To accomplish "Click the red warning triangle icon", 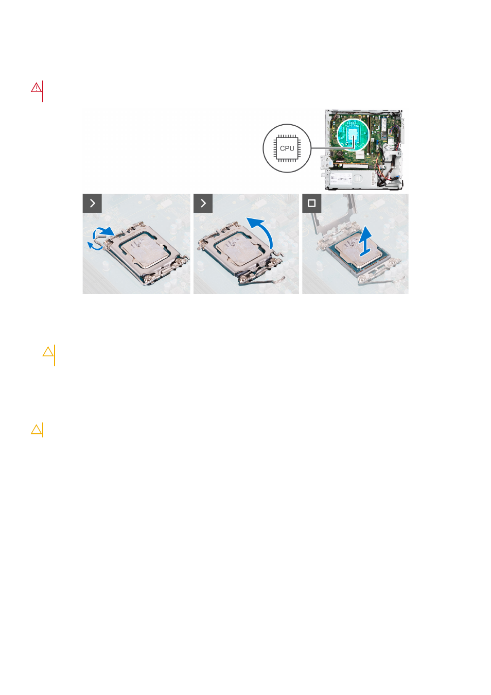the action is coord(36,88).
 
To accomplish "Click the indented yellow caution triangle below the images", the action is coord(48,351).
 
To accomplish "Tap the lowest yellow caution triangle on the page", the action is coord(36,429).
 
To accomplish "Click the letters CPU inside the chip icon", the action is coord(287,148).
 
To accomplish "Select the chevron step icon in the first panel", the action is coord(92,203).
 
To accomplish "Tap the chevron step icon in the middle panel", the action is coord(203,203).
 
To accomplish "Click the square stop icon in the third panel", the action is coord(311,203).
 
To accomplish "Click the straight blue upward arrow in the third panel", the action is coord(366,242).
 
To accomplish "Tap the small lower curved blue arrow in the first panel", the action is coord(95,246).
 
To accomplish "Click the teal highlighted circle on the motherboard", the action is coord(353,135).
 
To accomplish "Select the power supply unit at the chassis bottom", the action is coord(351,179).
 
